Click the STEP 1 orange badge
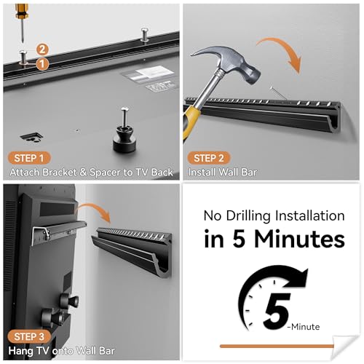tap(29, 158)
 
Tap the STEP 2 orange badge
tap(209, 158)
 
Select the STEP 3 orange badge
tap(29, 337)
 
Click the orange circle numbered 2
tap(42, 50)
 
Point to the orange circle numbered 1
tap(42, 64)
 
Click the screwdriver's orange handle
tap(22, 11)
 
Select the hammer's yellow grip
tap(191, 122)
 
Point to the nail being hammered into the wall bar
tap(278, 93)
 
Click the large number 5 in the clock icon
tap(277, 312)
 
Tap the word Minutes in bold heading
tap(299, 239)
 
